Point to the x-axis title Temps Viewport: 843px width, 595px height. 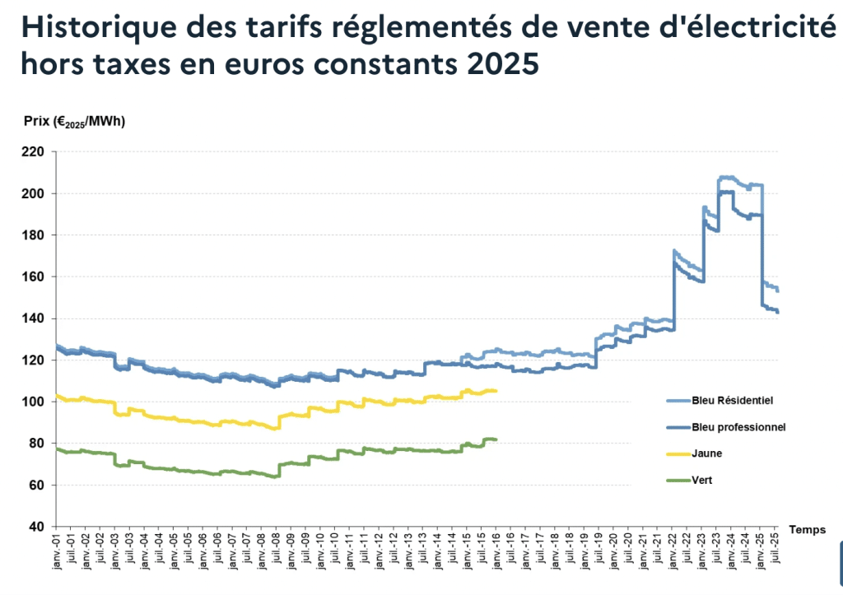click(x=807, y=530)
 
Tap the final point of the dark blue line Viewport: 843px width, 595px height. click(x=778, y=312)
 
